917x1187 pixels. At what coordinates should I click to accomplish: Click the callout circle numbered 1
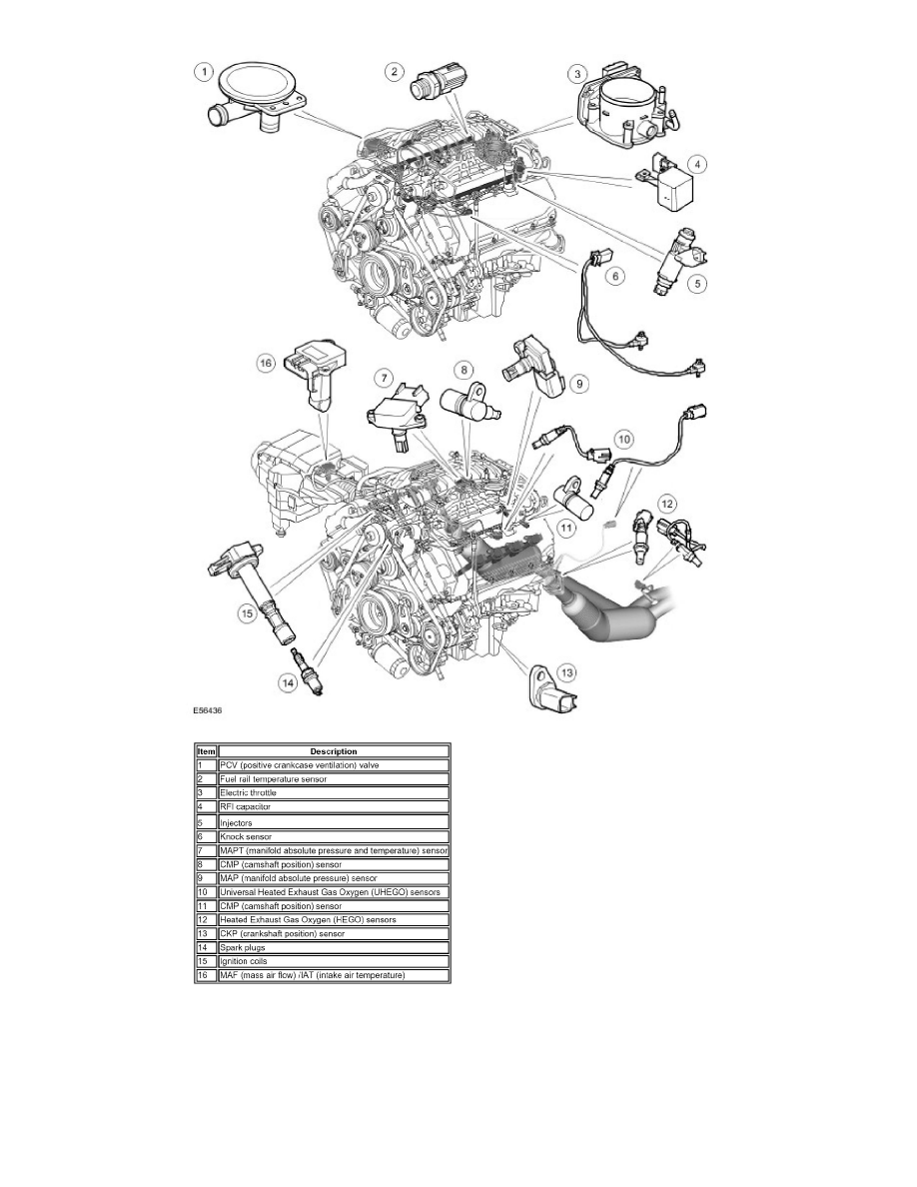[203, 73]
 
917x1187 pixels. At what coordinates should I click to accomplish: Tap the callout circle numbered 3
[578, 73]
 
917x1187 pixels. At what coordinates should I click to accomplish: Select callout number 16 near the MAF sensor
[266, 364]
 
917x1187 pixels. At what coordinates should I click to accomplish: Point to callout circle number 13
[566, 672]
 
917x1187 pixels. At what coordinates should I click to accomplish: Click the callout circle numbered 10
[624, 439]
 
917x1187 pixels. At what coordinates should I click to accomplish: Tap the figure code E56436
[208, 710]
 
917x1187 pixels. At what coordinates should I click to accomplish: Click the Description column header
[334, 751]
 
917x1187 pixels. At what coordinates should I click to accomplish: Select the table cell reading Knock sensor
[334, 836]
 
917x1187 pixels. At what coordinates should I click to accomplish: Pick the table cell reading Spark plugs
[334, 947]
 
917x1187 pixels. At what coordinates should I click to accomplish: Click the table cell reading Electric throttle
[334, 792]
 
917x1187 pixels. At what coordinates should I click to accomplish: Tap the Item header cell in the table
[206, 751]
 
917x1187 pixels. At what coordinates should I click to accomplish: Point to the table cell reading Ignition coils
[334, 961]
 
